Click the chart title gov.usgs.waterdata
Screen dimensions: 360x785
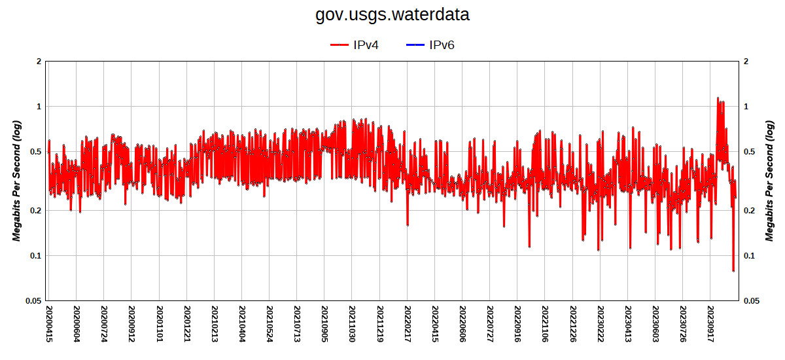392,14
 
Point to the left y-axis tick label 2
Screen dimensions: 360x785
39,62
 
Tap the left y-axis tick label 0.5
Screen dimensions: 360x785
35,152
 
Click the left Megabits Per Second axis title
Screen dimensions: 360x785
17,181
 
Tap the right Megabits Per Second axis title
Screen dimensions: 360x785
769,181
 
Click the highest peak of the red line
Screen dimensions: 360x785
718,98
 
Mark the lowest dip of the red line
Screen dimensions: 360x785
733,270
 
